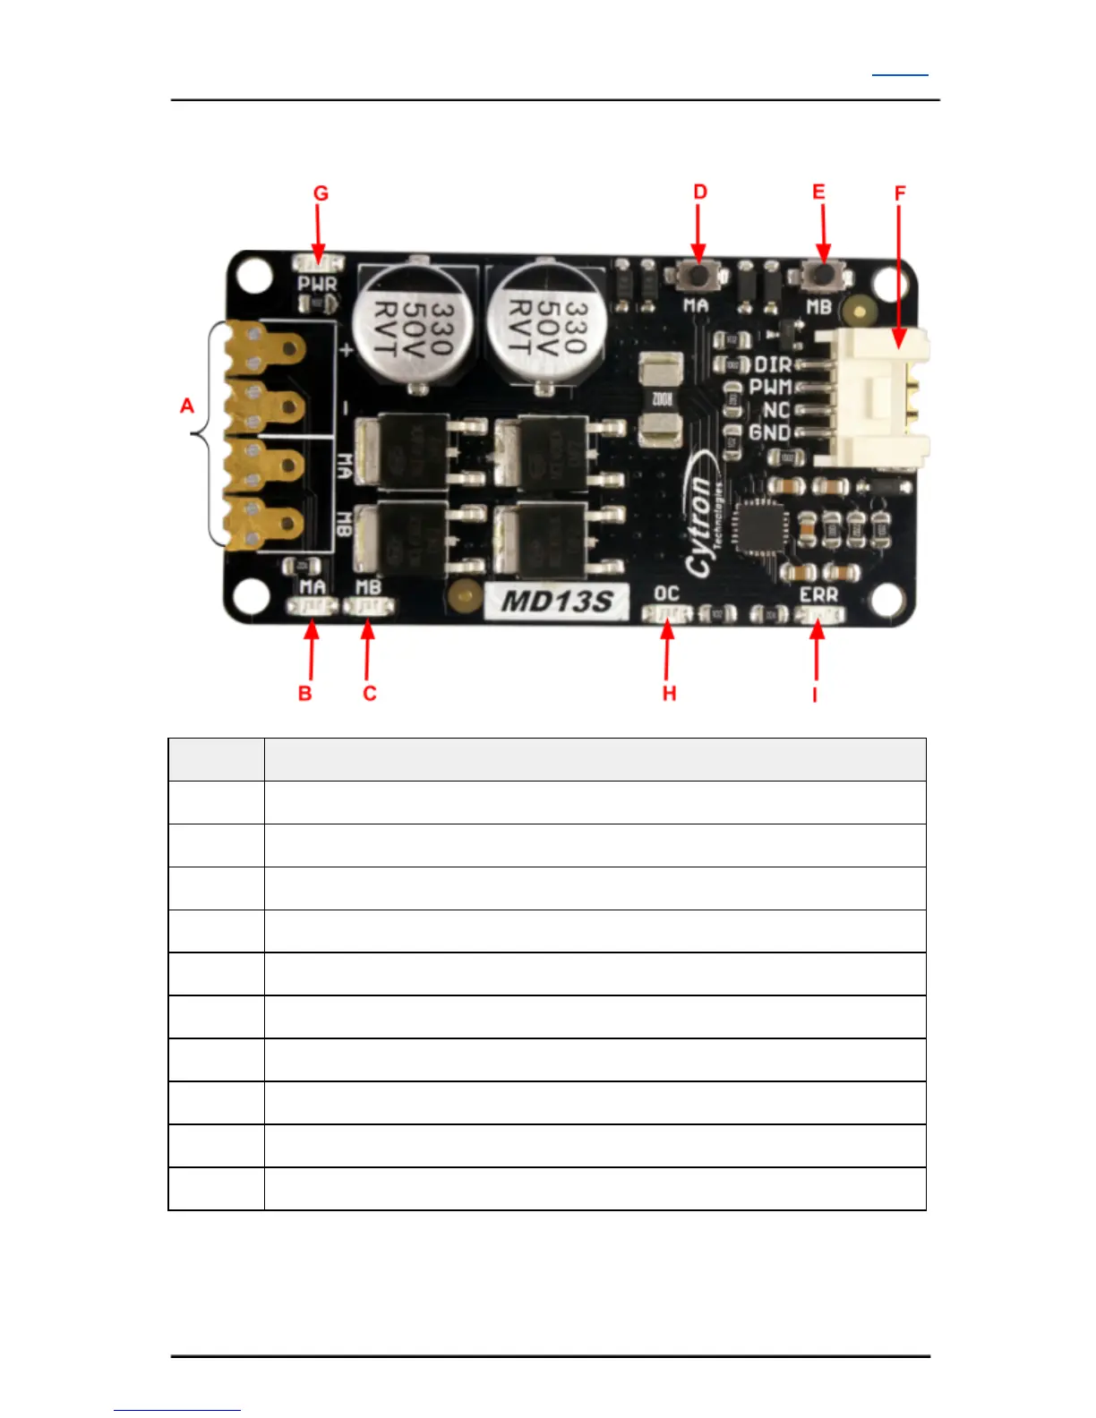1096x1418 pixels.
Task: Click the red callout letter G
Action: [321, 193]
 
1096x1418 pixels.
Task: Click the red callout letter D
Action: [700, 192]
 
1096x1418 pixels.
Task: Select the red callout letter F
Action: [900, 193]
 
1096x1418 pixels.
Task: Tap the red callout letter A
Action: [186, 406]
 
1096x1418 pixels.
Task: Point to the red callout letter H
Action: [669, 694]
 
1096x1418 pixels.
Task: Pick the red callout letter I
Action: [815, 695]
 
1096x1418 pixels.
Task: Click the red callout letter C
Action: [369, 694]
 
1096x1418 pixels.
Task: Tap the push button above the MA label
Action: [698, 274]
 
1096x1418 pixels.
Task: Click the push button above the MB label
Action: [822, 274]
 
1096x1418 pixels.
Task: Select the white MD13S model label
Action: [556, 600]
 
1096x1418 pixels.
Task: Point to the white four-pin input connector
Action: [873, 398]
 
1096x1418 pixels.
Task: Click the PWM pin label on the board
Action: [770, 388]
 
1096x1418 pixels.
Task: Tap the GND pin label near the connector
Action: [769, 432]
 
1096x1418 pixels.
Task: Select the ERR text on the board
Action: [818, 594]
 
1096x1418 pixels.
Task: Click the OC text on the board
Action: [666, 594]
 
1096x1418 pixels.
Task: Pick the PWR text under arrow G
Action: [317, 285]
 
